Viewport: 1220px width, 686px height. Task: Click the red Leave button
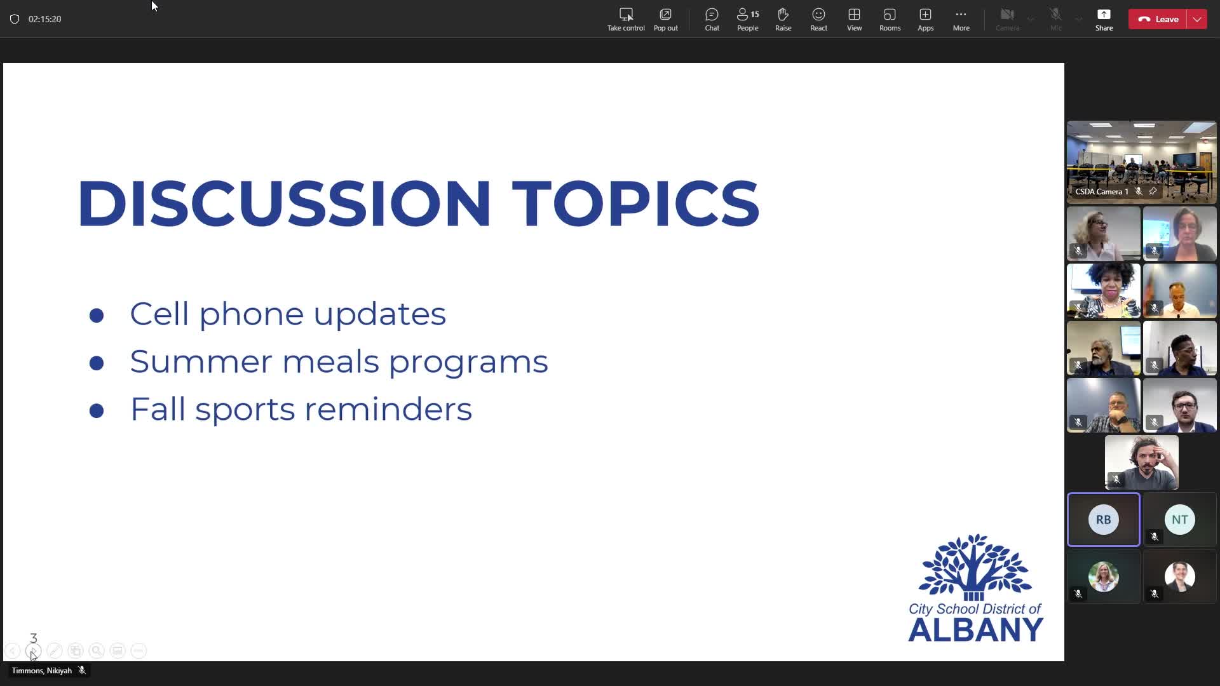click(1157, 19)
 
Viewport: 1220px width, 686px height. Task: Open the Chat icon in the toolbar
click(712, 19)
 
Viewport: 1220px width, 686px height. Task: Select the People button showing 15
click(748, 19)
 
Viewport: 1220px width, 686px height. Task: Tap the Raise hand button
click(783, 19)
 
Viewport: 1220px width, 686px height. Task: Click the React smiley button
click(818, 19)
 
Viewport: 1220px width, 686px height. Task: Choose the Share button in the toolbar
click(1104, 19)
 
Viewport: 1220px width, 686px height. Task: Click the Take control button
click(626, 19)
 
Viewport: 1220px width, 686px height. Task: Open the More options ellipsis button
click(961, 19)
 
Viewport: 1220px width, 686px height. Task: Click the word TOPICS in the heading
click(635, 203)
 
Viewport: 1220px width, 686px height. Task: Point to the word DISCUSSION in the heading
click(284, 203)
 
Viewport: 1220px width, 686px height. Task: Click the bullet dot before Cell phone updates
click(97, 315)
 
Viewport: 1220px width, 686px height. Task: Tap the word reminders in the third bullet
click(388, 408)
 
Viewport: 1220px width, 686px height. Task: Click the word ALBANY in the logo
click(975, 629)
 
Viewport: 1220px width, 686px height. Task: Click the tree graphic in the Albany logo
click(975, 567)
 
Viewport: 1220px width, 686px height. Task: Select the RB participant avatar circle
click(1103, 520)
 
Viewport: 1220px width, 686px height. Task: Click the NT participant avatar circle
click(1179, 520)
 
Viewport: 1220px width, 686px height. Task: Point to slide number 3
click(34, 638)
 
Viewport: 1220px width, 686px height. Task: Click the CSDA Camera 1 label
click(1102, 191)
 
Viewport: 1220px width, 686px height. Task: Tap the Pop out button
click(665, 19)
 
